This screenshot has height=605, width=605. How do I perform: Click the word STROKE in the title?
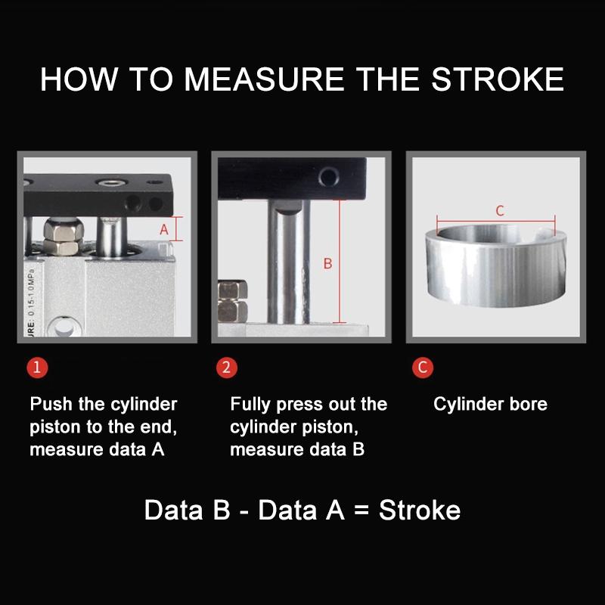pos(498,79)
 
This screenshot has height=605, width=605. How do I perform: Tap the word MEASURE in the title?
pos(264,79)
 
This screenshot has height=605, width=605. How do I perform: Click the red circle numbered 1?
pos(37,367)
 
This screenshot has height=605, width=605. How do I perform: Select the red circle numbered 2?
pos(226,367)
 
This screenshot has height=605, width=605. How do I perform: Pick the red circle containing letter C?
pos(423,367)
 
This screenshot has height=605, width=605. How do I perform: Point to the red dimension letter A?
pos(164,230)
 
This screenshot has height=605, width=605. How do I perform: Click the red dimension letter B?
pos(328,263)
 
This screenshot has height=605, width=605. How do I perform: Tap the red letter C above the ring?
pos(500,211)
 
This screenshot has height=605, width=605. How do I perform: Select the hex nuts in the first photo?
pos(63,236)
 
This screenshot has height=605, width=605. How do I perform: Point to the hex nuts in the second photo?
pos(233,301)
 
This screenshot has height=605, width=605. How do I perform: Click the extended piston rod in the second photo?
pos(289,262)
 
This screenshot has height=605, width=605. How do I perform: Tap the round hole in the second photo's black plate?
pos(329,177)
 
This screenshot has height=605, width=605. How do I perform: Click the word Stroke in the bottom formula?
pos(420,510)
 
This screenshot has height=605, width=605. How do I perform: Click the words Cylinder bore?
pos(490,404)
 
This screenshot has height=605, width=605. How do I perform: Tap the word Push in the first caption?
pos(51,404)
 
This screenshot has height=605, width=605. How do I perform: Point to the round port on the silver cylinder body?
pos(64,327)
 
